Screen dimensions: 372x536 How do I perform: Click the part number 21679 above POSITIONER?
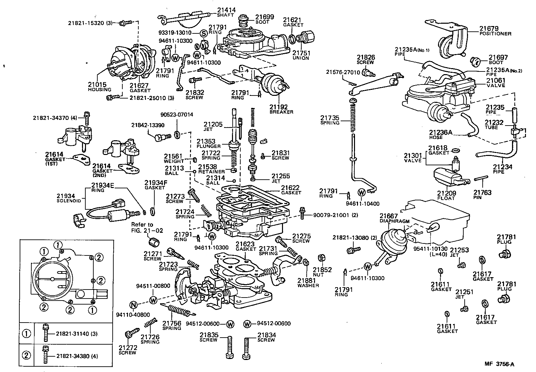[489, 29]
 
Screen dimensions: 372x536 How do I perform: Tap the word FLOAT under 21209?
[446, 198]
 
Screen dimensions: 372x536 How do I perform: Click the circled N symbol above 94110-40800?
[133, 305]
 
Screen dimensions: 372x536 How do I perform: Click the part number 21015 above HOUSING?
[97, 85]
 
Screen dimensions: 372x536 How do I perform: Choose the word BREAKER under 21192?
[281, 112]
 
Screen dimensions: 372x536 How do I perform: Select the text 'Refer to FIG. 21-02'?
[142, 227]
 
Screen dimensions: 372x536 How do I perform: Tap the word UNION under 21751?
[301, 58]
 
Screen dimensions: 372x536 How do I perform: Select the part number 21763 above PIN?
[482, 193]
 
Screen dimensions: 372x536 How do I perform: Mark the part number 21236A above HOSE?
[441, 133]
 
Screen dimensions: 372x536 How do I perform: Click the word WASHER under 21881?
[308, 285]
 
